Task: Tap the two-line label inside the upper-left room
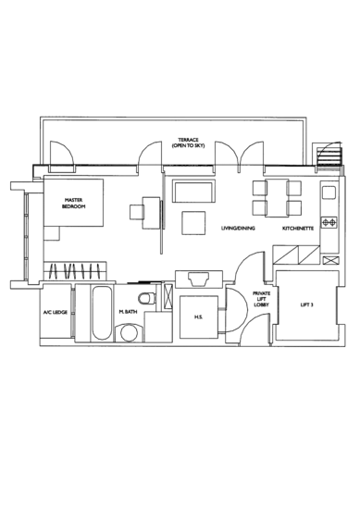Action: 73,205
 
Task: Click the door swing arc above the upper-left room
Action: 57,151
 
